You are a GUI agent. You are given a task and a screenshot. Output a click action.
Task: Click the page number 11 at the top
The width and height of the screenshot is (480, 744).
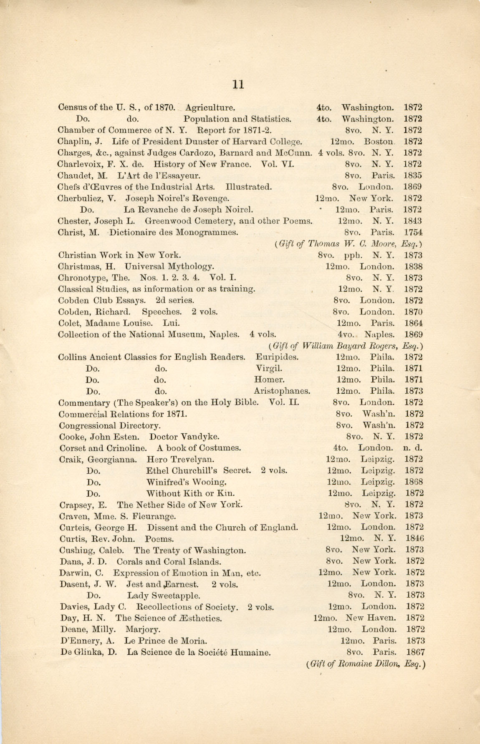point(238,85)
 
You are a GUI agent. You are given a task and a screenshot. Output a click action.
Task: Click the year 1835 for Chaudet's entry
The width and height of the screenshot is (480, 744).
point(412,176)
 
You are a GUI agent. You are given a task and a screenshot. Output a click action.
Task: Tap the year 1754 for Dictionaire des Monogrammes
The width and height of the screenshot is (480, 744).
point(413,232)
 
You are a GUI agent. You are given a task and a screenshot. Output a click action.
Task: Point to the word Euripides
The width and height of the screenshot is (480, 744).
point(277,357)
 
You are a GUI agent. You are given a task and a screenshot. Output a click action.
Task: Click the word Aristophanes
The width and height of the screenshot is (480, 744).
point(282,391)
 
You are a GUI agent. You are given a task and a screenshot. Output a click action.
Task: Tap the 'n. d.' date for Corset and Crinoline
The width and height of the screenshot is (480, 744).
point(413,448)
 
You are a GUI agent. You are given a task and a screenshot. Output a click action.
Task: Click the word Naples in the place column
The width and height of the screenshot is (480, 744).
point(379,334)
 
